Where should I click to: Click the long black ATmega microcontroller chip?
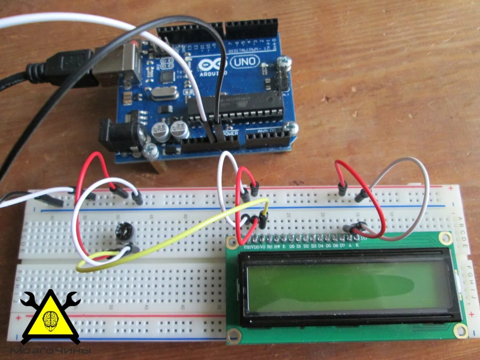point(235,106)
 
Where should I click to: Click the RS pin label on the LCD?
point(270,246)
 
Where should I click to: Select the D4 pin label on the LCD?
point(321,246)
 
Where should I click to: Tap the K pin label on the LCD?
point(357,245)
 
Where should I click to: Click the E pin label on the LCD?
point(284,246)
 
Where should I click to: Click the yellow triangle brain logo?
point(51,317)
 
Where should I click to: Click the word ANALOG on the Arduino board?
point(267,131)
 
